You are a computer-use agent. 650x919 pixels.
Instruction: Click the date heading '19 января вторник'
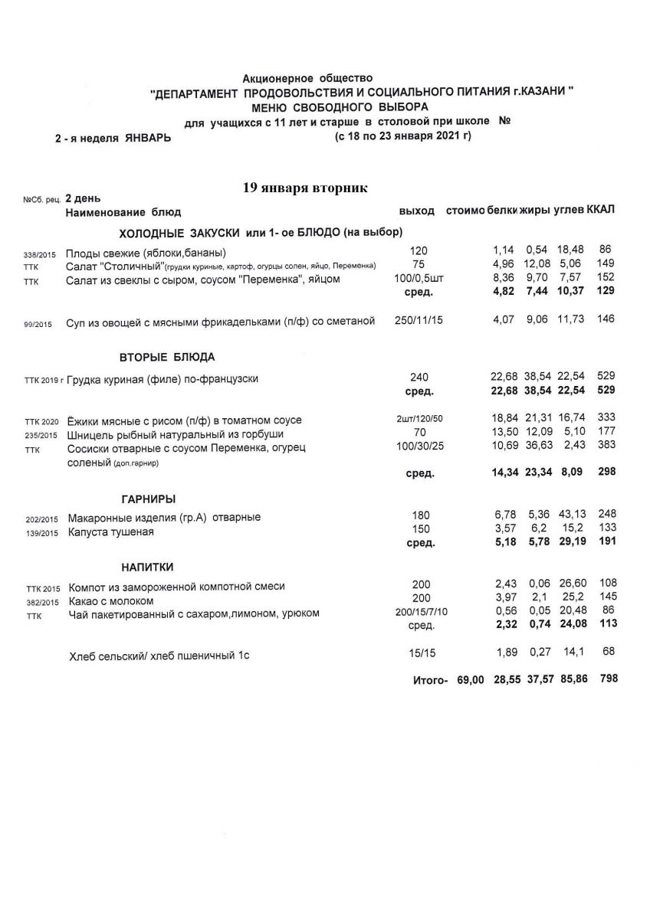point(305,188)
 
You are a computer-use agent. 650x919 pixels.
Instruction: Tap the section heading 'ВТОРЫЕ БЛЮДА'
point(167,357)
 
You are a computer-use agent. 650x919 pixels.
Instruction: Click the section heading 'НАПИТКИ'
point(147,567)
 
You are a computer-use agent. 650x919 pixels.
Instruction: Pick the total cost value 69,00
point(471,680)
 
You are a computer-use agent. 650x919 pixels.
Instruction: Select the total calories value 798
point(607,679)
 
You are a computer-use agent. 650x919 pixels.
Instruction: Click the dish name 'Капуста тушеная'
point(111,532)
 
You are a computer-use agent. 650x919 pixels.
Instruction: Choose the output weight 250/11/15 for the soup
point(419,321)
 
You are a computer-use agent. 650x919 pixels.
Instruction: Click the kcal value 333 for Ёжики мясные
point(607,420)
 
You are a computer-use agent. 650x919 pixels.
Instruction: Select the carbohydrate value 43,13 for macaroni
point(570,515)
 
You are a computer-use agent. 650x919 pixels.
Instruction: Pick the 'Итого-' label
point(429,680)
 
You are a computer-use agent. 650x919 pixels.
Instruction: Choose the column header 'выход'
point(417,211)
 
